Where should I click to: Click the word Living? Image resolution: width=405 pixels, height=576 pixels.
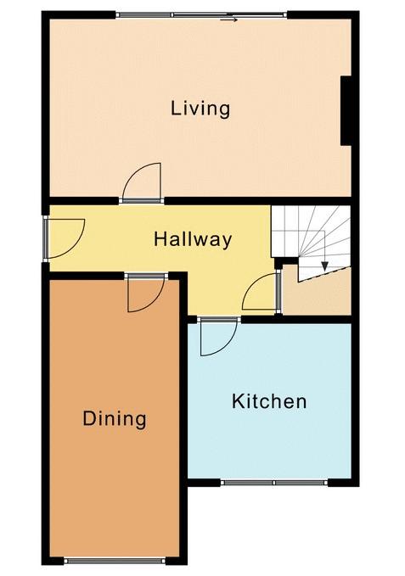tap(200, 109)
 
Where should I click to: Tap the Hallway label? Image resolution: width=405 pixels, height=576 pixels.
tap(193, 239)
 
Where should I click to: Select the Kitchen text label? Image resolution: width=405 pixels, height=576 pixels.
tap(269, 401)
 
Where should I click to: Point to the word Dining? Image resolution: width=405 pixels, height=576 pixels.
tap(115, 419)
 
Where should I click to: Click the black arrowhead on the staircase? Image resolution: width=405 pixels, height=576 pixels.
tap(324, 266)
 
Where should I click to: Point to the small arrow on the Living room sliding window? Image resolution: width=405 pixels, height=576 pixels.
tap(228, 20)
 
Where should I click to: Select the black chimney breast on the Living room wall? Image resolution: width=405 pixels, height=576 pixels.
tap(346, 111)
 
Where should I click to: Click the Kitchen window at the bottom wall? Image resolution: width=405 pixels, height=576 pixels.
tap(274, 483)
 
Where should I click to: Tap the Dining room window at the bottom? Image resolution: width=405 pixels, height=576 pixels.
tap(115, 561)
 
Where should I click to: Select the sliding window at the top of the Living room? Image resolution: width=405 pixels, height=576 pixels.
tap(201, 15)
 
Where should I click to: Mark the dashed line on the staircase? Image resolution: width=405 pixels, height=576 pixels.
tap(323, 274)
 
